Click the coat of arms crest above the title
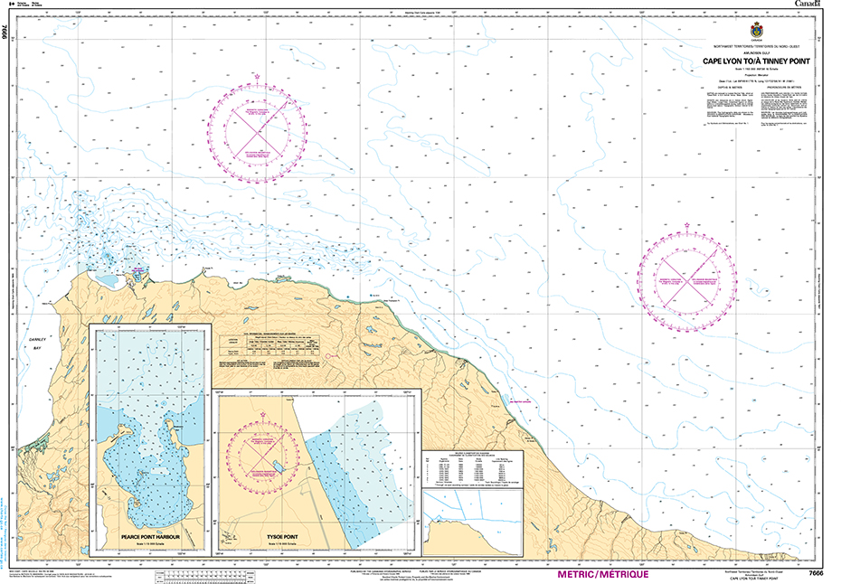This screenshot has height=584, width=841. pos(758,30)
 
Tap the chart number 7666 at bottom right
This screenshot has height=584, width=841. pos(815,573)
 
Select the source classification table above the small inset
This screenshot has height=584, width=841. pos(465,466)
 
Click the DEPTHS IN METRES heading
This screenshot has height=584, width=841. pos(730,86)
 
